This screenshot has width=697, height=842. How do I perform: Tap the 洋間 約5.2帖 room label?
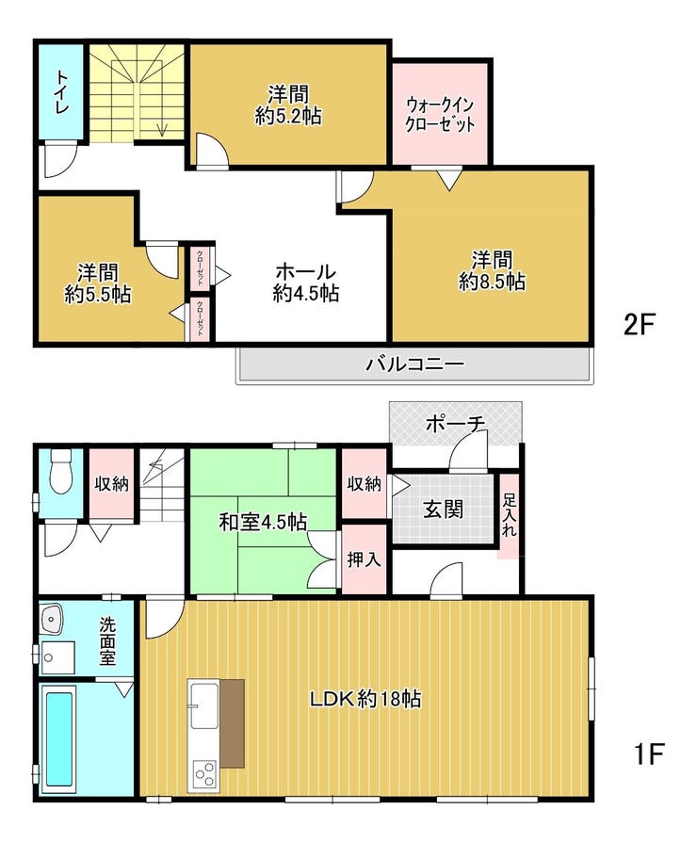pyautogui.click(x=288, y=105)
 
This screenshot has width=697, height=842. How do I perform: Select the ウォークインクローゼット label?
pyautogui.click(x=440, y=114)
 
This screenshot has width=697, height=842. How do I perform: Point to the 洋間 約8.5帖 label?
pyautogui.click(x=492, y=270)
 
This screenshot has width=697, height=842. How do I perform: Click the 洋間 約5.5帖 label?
pyautogui.click(x=98, y=283)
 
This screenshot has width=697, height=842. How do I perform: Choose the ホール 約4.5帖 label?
pyautogui.click(x=305, y=282)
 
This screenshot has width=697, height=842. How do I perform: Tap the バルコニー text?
pyautogui.click(x=414, y=364)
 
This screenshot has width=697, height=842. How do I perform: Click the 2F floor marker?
pyautogui.click(x=639, y=324)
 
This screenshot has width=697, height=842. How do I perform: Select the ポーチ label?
pyautogui.click(x=455, y=424)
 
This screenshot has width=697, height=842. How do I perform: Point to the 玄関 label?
pyautogui.click(x=443, y=509)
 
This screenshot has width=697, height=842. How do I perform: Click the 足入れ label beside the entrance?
pyautogui.click(x=509, y=515)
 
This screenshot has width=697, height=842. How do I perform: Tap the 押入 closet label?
pyautogui.click(x=365, y=559)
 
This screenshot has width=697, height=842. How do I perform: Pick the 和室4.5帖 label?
pyautogui.click(x=263, y=522)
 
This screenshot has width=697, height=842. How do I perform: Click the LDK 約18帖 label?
pyautogui.click(x=365, y=699)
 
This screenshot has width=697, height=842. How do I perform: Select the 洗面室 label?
pyautogui.click(x=107, y=640)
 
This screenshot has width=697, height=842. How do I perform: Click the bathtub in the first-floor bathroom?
pyautogui.click(x=58, y=739)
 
